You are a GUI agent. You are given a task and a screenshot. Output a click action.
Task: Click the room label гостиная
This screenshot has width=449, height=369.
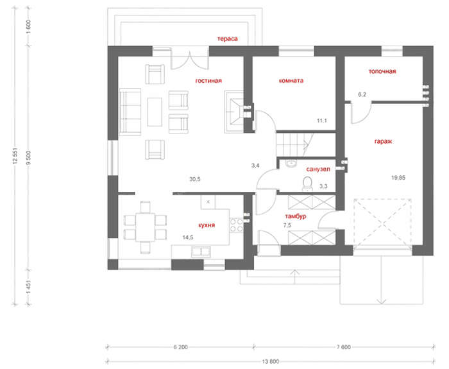pos(208,81)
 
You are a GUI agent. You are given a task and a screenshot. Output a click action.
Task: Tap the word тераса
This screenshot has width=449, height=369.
pos(227,39)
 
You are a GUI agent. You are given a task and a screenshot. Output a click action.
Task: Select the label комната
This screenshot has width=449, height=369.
pos(291,80)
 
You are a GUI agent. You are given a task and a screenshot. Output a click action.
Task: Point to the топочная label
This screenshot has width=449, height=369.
pos(382,71)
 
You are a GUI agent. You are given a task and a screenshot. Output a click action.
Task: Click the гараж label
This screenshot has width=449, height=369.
pos(383,141)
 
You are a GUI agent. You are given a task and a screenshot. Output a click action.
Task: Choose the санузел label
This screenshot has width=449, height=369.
pos(318,169)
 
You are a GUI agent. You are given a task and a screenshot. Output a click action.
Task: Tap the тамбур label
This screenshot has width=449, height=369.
pos(296,216)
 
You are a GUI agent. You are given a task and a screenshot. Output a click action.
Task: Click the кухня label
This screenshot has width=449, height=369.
pos(207,225)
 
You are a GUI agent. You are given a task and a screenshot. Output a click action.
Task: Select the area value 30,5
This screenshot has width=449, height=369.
pos(195,179)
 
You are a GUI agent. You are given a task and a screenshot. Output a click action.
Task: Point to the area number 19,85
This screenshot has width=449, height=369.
pos(398,178)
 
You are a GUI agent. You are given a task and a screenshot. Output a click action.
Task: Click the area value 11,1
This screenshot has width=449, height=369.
pos(322,121)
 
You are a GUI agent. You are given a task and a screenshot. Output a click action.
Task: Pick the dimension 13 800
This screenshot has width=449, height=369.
pos(270,361)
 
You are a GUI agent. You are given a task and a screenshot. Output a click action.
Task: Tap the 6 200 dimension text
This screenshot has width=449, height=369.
pos(181,347)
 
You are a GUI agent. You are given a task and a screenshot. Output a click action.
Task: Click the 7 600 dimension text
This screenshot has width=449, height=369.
pos(344,347)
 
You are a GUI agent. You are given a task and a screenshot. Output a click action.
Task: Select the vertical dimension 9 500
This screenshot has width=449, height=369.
pos(28,158)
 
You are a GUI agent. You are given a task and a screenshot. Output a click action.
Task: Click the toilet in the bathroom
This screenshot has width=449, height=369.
pos(307,184)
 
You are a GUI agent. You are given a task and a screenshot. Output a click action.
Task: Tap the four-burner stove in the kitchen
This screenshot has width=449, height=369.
pos(237,225)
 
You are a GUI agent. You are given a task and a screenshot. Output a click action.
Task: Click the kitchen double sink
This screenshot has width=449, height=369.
pos(201,252)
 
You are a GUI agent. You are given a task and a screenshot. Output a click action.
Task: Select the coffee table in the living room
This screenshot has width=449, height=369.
pos(155,112)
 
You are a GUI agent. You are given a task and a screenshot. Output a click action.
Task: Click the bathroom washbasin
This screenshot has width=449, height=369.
pos(291,164)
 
